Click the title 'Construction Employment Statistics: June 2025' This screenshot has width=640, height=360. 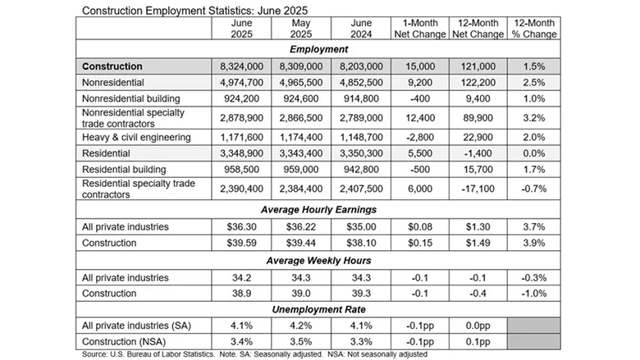tap(184, 8)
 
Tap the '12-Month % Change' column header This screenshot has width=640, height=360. tap(533, 29)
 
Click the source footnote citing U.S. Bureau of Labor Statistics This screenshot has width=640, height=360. tap(254, 354)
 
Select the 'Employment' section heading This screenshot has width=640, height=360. tap(320, 49)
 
